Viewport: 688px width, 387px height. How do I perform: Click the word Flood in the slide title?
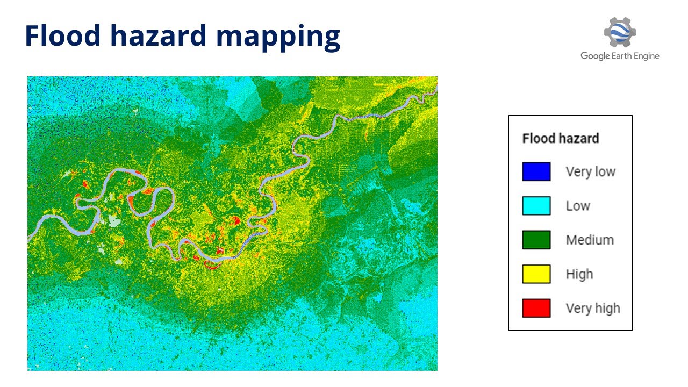click(x=63, y=35)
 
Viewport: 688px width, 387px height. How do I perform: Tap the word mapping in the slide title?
click(x=278, y=37)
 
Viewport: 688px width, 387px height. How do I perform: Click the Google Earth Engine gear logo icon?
click(x=620, y=32)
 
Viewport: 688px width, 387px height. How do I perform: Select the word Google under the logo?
click(x=594, y=56)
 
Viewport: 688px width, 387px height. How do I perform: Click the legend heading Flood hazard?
click(x=560, y=138)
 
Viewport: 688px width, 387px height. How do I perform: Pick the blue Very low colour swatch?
click(x=536, y=171)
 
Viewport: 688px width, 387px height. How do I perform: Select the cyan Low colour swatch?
click(x=536, y=205)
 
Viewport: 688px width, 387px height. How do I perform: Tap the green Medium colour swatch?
click(x=536, y=240)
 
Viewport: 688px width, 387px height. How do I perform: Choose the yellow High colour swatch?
click(x=536, y=274)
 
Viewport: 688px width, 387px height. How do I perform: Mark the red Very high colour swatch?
click(x=536, y=308)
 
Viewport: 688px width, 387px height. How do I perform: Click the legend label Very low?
click(x=590, y=171)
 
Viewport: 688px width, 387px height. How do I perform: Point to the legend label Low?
click(x=578, y=205)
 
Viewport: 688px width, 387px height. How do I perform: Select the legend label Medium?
click(x=589, y=240)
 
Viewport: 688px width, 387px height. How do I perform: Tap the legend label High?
click(x=579, y=274)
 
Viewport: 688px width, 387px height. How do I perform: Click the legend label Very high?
click(x=592, y=308)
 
